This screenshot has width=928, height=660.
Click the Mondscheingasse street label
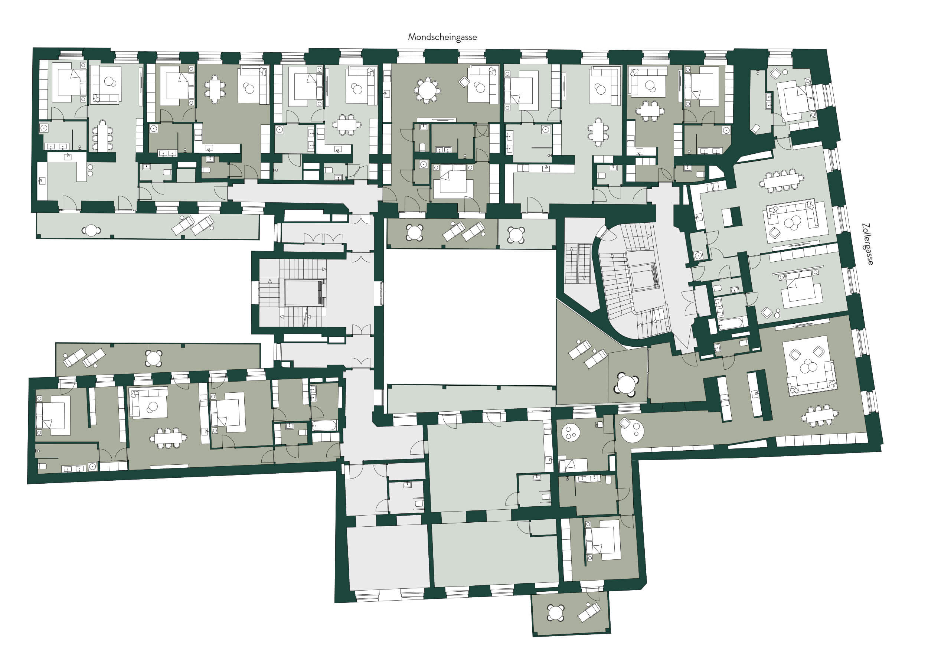coord(442,37)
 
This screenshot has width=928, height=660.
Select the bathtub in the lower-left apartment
coord(324,426)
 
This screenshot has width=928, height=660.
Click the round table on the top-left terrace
coord(91,231)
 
